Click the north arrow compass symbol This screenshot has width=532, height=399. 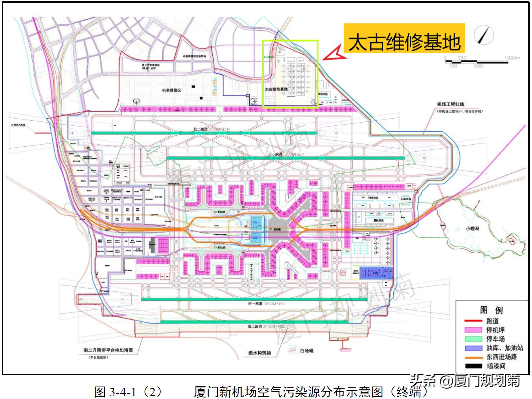[484, 35]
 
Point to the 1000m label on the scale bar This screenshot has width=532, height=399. [512, 58]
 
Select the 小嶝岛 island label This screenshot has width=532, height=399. [473, 229]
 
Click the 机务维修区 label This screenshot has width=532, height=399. [172, 90]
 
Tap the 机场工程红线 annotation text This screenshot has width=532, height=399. [450, 104]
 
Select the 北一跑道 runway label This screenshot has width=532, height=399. [275, 154]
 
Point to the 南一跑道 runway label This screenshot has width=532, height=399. [255, 304]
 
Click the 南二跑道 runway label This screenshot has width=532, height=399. [255, 326]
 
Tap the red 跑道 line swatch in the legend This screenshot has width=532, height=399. [473, 321]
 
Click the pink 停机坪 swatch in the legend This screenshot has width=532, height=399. [473, 330]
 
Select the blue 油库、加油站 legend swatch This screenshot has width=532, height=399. [473, 348]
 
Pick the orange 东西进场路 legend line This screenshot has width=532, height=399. [473, 357]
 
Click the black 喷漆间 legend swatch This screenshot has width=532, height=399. [473, 366]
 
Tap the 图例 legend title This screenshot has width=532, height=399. [491, 310]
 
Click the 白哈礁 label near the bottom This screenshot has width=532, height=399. [306, 351]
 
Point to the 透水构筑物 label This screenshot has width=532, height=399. [259, 353]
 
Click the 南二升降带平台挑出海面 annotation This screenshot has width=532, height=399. [108, 350]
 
